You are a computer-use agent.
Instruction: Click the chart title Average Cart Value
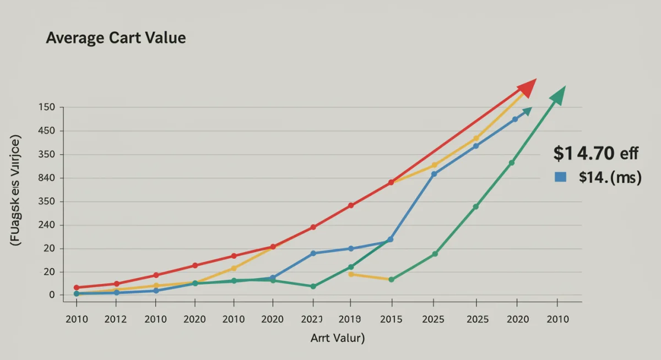116,38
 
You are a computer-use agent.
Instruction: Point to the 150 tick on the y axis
47,107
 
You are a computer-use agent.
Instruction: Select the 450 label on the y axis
47,131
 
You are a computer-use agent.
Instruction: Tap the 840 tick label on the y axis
47,178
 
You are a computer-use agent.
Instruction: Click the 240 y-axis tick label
47,225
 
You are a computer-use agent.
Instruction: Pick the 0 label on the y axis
52,295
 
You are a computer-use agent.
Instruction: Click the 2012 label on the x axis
116,319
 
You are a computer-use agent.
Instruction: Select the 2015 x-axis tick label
391,319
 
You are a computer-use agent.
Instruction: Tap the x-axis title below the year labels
337,337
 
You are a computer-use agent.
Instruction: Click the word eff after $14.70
629,154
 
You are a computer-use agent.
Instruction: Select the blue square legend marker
561,177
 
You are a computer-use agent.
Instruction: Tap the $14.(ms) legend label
610,177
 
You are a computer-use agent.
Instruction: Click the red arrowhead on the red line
527,88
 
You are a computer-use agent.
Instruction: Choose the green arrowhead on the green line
559,95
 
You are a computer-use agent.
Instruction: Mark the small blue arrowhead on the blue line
527,111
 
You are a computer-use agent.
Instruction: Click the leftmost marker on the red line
77,287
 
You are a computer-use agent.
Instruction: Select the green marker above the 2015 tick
391,280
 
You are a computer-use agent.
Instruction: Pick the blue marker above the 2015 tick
391,239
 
